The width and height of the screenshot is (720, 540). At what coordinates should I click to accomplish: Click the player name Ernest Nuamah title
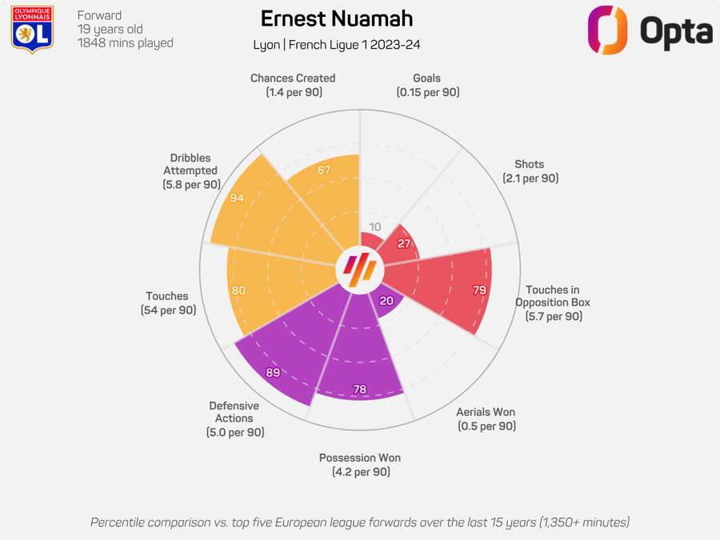[x=336, y=19]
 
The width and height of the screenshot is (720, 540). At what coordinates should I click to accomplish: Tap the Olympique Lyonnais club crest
[x=33, y=30]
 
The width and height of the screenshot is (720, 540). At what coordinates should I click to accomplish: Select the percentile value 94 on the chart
[x=237, y=198]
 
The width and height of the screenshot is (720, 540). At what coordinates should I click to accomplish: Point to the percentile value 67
[x=324, y=170]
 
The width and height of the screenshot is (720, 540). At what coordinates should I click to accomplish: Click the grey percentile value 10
[x=375, y=226]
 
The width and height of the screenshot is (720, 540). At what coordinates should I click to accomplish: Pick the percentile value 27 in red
[x=405, y=243]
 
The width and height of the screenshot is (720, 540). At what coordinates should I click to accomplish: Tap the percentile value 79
[x=479, y=290]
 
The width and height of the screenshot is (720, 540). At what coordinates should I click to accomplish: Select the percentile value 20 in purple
[x=386, y=301]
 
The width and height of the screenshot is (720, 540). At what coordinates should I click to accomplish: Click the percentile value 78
[x=360, y=390]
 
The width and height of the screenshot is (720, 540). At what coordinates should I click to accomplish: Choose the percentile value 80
[x=238, y=290]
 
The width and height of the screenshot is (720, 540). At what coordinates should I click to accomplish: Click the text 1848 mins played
[x=126, y=43]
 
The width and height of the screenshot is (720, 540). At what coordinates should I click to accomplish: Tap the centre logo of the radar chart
[x=359, y=270]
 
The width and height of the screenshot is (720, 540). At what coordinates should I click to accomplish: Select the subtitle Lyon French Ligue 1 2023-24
[x=336, y=44]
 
